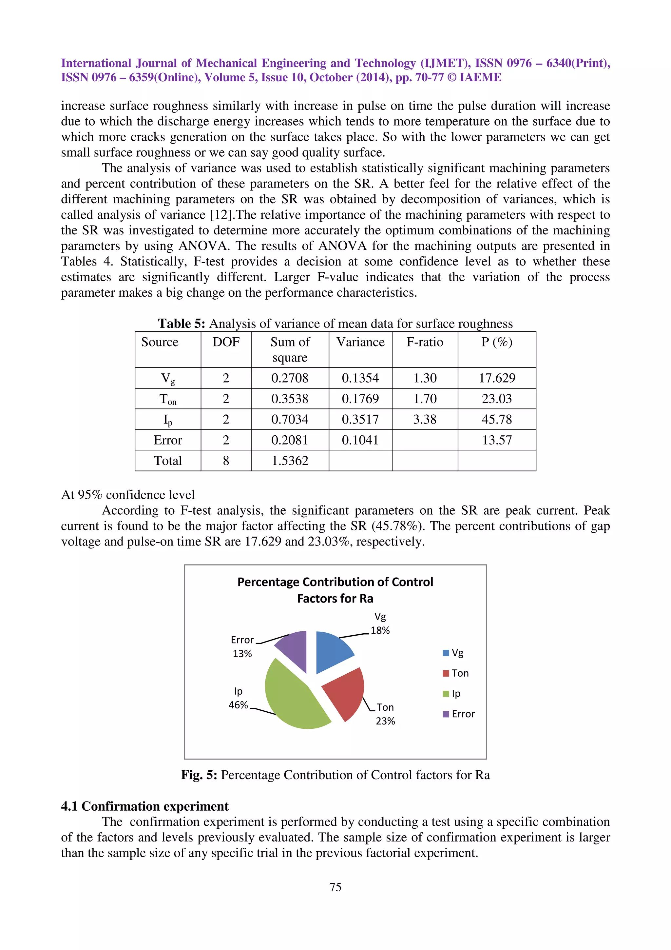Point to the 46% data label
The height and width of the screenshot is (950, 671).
pos(238,705)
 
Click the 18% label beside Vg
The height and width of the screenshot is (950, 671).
pos(380,631)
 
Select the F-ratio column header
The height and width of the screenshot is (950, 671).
pos(425,342)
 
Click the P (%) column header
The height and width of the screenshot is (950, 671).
pos(496,342)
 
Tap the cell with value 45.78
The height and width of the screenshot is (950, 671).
pos(496,420)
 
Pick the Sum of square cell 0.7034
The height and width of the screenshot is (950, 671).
pos(290,420)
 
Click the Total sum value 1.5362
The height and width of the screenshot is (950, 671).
pos(290,461)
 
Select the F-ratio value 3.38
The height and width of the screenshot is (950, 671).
pos(425,420)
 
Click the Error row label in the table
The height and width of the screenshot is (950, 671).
pos(168,440)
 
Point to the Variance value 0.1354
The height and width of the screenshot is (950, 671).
pos(360,378)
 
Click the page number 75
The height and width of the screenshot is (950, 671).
pos(335,887)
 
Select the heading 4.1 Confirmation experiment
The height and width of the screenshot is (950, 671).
pos(145,806)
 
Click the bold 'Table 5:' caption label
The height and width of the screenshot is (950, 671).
pos(182,324)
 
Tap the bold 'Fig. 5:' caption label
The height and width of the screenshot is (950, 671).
pos(199,775)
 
